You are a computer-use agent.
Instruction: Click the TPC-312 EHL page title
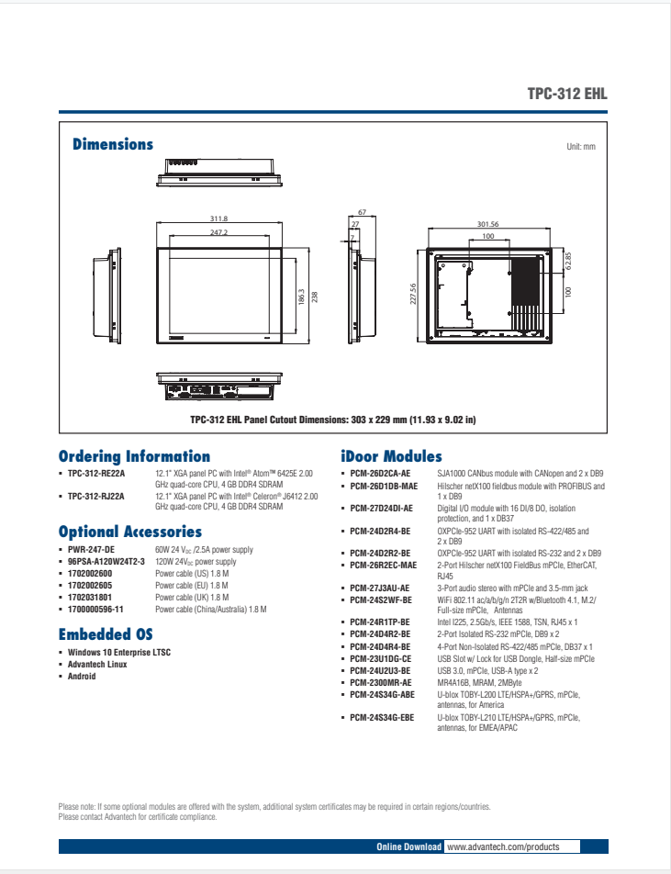pos(567,94)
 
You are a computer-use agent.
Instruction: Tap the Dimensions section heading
pos(113,144)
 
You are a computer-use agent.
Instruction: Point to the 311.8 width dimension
pos(218,218)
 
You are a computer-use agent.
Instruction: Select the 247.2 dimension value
pos(218,233)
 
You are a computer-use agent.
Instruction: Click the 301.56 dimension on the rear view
pos(487,224)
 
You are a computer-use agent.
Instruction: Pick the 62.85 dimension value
pos(569,262)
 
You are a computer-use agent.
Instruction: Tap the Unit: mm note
pos(581,147)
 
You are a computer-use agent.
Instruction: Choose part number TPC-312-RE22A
pos(96,473)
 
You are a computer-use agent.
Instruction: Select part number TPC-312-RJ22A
pos(96,497)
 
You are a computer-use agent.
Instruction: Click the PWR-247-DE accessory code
pos(92,550)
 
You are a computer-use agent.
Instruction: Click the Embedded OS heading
pos(106,634)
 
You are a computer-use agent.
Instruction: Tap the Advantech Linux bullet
pos(98,665)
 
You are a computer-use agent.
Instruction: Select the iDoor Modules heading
pos(391,456)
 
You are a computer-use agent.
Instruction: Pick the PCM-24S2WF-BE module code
pos(381,599)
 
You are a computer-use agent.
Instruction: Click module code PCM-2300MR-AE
pos(381,682)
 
